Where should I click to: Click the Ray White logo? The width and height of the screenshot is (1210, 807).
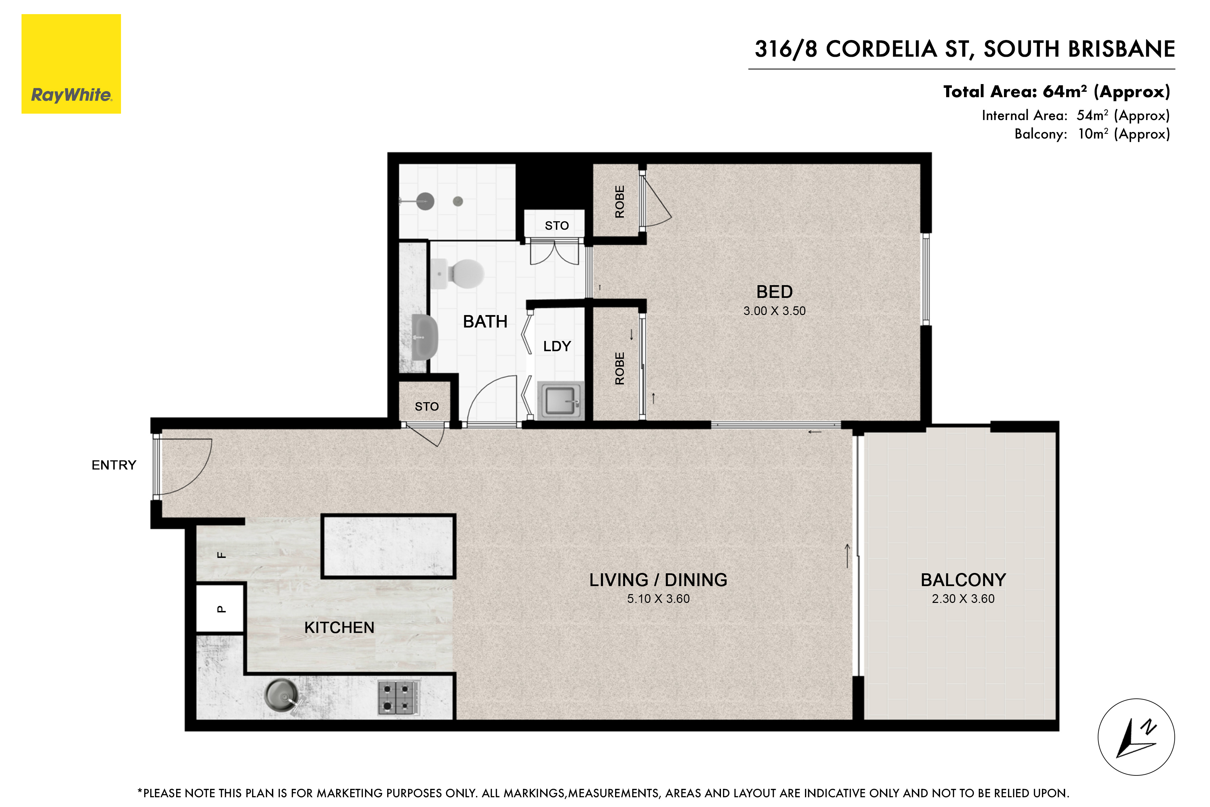pos(71,64)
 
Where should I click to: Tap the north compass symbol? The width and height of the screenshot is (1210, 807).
pos(1136,737)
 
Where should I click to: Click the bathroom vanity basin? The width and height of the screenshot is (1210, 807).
pos(425,338)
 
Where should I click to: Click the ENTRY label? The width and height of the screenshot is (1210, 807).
pos(114,465)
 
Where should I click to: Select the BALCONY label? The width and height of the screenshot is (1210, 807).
pos(963,580)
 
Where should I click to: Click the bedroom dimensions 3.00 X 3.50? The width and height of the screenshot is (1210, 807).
pos(774,311)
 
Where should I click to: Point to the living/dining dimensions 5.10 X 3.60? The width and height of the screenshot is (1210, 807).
pos(658,599)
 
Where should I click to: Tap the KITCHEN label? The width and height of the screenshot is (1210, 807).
pos(339,627)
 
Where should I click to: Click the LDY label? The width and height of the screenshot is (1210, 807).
pos(557,346)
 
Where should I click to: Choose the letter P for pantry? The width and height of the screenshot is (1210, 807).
pos(221,609)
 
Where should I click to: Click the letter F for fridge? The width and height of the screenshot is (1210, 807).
pos(221,555)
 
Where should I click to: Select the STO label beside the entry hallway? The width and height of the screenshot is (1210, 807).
pos(427,407)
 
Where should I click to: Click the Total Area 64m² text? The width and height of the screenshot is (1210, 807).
pos(1056,91)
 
